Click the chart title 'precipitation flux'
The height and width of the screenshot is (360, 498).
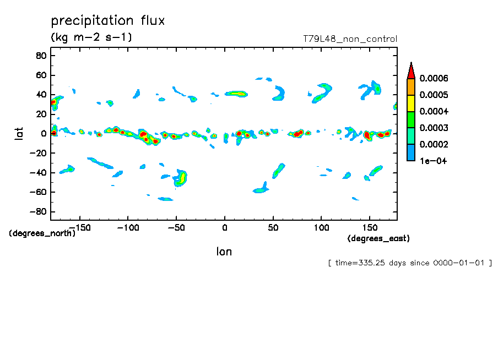[108, 21]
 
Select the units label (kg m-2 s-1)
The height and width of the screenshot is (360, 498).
[91, 37]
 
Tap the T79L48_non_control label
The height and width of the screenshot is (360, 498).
[350, 39]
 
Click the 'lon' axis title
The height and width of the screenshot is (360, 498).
[224, 252]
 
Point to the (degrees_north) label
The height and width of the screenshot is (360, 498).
[42, 233]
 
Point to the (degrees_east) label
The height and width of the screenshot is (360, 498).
[378, 238]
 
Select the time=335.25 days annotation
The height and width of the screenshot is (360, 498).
[410, 263]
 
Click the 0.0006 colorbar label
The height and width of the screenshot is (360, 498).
[434, 79]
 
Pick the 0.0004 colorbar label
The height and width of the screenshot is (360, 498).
[434, 112]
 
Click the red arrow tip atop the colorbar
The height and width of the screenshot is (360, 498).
[410, 69]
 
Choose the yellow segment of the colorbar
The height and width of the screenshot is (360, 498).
[410, 103]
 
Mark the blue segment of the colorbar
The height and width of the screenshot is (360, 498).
[410, 152]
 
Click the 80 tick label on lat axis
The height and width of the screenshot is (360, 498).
[40, 56]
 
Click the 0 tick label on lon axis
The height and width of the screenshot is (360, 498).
[224, 227]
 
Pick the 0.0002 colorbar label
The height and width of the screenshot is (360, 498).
[434, 144]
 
